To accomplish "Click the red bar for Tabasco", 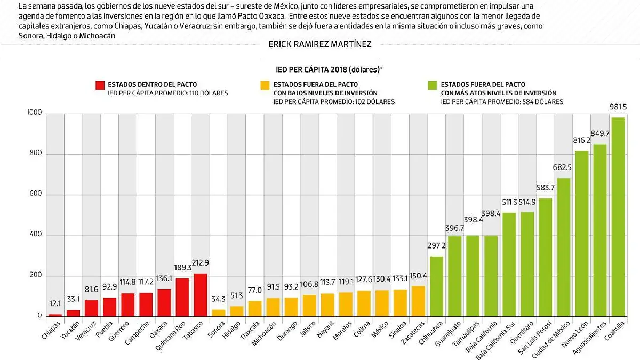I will (201, 295).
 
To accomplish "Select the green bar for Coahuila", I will (618, 217).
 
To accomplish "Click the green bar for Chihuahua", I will (437, 286).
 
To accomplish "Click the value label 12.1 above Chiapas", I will (55, 304).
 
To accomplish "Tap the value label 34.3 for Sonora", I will (219, 300).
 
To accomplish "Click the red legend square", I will (100, 85).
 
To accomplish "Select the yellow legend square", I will (265, 85).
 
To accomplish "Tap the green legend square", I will (433, 85).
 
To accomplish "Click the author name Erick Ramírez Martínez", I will (320, 45).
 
